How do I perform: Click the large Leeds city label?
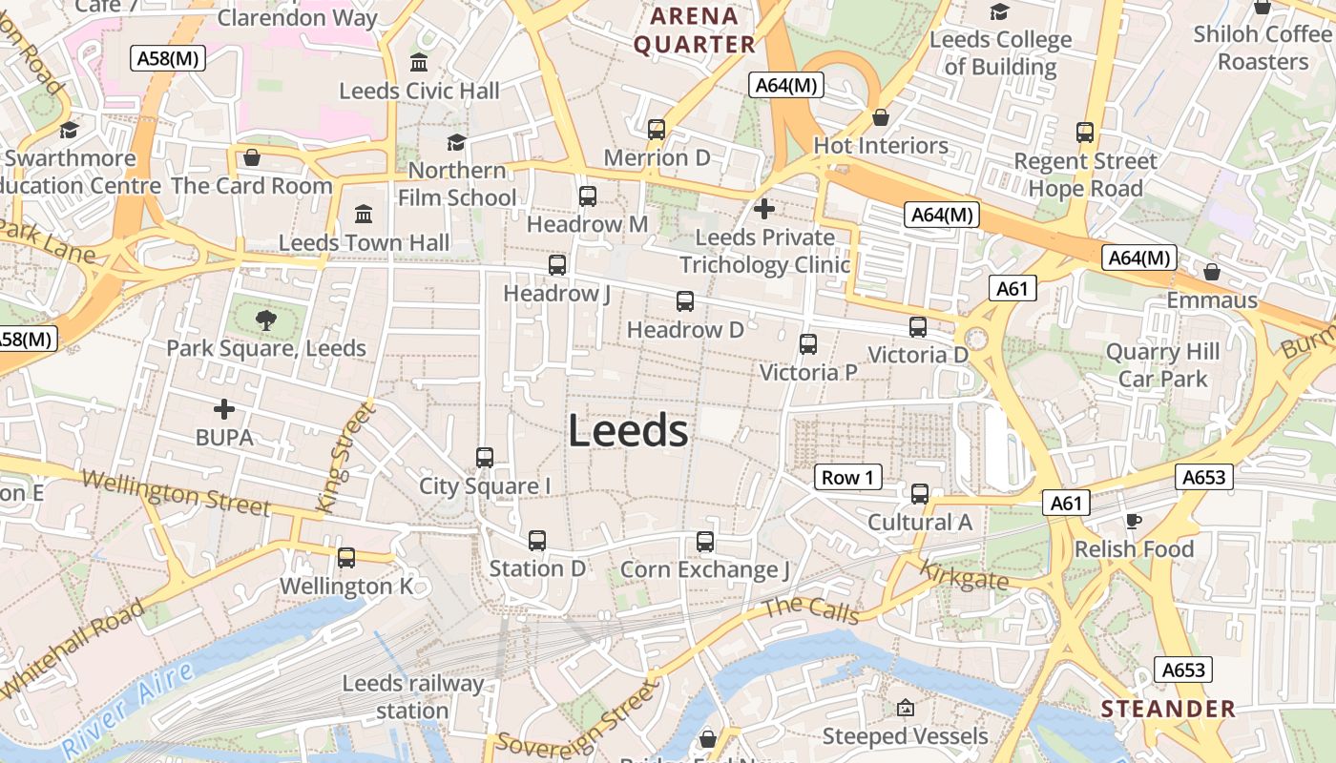point(628,431)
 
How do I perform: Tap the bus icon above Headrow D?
point(684,301)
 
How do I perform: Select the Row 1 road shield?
point(847,477)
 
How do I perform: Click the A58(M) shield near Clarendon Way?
point(168,57)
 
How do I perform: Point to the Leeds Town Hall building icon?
point(364,214)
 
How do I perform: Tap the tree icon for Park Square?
point(266,320)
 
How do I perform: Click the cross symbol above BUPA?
point(224,409)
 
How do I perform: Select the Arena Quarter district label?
point(695,31)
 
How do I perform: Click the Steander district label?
point(1168,709)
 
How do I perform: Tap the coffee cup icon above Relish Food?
point(1133,521)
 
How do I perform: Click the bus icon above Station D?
point(537,541)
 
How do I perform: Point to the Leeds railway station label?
point(413,697)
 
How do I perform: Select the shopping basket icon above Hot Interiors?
point(880,117)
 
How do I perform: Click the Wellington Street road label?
point(176,492)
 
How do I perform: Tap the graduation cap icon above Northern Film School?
point(456,142)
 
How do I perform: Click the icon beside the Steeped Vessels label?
point(905,708)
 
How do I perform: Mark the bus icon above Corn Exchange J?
point(705,542)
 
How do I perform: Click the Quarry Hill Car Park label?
point(1162,365)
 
